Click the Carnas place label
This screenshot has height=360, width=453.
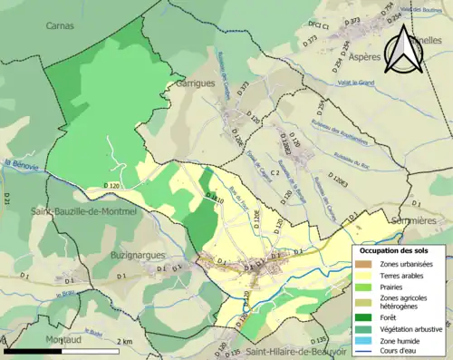tap(61, 26)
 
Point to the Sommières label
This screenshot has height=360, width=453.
tap(429, 220)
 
